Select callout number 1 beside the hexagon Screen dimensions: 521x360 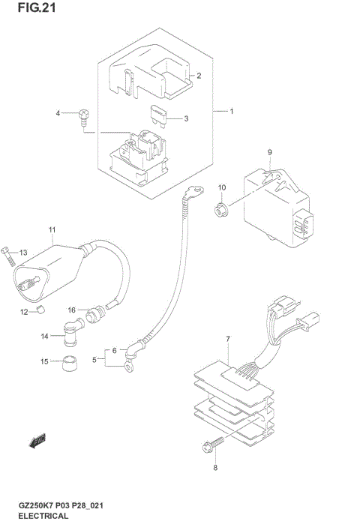(232, 112)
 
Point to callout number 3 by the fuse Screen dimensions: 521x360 (186, 118)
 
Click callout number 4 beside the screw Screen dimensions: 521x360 (57, 113)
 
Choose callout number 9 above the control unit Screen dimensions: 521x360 (269, 153)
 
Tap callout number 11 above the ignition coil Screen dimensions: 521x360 (52, 229)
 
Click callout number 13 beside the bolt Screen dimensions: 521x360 (23, 252)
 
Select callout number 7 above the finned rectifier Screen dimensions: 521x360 (227, 340)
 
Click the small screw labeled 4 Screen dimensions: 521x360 (83, 116)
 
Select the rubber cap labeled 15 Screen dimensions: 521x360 (71, 364)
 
